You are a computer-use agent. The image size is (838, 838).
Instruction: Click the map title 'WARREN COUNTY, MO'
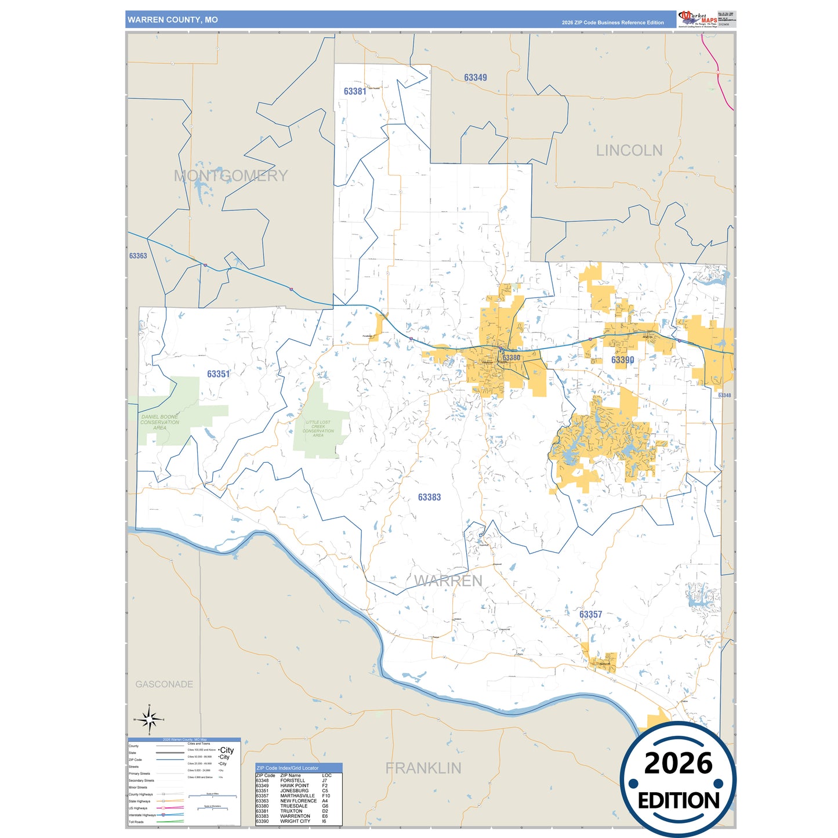(x=173, y=20)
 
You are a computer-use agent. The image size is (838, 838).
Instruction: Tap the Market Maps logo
(x=698, y=19)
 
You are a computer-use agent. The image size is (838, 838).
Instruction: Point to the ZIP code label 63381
(x=355, y=92)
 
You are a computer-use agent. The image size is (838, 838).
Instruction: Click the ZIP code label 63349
(x=476, y=78)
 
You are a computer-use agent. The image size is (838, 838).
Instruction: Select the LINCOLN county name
(x=629, y=151)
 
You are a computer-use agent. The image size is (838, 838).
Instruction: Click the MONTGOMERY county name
(x=231, y=176)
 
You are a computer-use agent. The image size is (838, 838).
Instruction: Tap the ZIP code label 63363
(x=138, y=256)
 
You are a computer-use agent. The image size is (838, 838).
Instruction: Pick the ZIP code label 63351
(x=219, y=374)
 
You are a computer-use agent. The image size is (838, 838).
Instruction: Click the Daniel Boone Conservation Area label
(x=159, y=422)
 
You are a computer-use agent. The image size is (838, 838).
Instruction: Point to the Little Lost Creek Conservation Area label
(x=318, y=429)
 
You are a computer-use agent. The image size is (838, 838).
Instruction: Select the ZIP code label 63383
(x=430, y=497)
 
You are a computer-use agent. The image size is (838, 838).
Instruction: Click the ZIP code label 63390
(x=623, y=360)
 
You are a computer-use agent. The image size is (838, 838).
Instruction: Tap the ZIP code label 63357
(x=590, y=614)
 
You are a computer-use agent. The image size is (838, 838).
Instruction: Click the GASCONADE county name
(x=164, y=684)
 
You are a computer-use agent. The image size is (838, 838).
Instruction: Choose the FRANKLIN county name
(x=423, y=768)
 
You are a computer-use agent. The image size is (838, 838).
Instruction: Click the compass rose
(x=150, y=720)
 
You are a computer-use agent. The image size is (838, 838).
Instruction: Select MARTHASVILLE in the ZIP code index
(x=298, y=796)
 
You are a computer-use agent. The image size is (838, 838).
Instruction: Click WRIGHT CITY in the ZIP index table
(x=295, y=821)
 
